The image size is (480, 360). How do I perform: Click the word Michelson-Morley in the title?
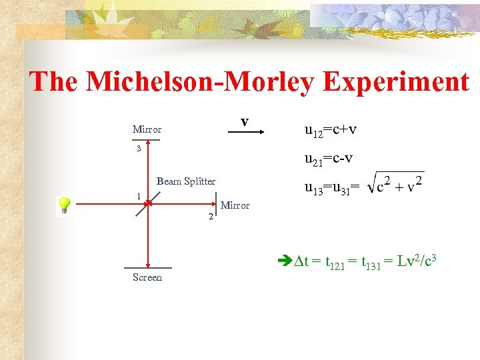[x=203, y=82]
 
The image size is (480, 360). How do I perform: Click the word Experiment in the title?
[x=396, y=82]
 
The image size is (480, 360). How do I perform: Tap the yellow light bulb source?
[x=65, y=205]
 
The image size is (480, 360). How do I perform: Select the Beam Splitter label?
[x=186, y=181]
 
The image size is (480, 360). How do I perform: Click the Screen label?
[x=147, y=277]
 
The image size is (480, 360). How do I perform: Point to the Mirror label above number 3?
[x=147, y=129]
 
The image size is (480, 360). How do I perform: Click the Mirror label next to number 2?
[x=235, y=205]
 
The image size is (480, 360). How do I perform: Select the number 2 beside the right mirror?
[x=211, y=217]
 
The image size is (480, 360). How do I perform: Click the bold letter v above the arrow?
[x=245, y=121]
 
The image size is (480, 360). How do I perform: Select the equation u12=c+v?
[x=331, y=129]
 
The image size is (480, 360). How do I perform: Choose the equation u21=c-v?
[x=329, y=159]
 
